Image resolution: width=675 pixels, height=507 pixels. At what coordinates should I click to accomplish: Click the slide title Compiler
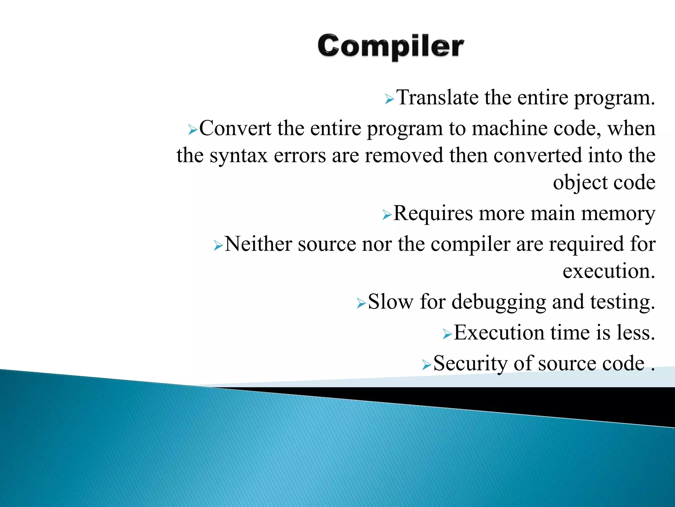pyautogui.click(x=391, y=47)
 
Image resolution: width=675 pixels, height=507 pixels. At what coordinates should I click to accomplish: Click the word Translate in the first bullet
pyautogui.click(x=437, y=98)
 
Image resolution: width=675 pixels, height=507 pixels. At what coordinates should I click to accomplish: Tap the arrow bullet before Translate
pyautogui.click(x=389, y=99)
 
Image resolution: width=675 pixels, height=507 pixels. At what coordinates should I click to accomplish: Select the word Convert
pyautogui.click(x=235, y=128)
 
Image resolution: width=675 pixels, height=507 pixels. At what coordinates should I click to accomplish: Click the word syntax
pyautogui.click(x=239, y=156)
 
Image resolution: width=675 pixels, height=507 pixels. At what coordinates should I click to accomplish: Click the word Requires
pyautogui.click(x=433, y=213)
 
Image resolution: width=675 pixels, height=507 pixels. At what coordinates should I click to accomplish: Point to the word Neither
pyautogui.click(x=258, y=244)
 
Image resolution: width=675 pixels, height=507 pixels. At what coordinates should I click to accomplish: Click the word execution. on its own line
pyautogui.click(x=608, y=271)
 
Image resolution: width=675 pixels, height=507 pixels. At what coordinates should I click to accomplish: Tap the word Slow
pyautogui.click(x=390, y=302)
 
